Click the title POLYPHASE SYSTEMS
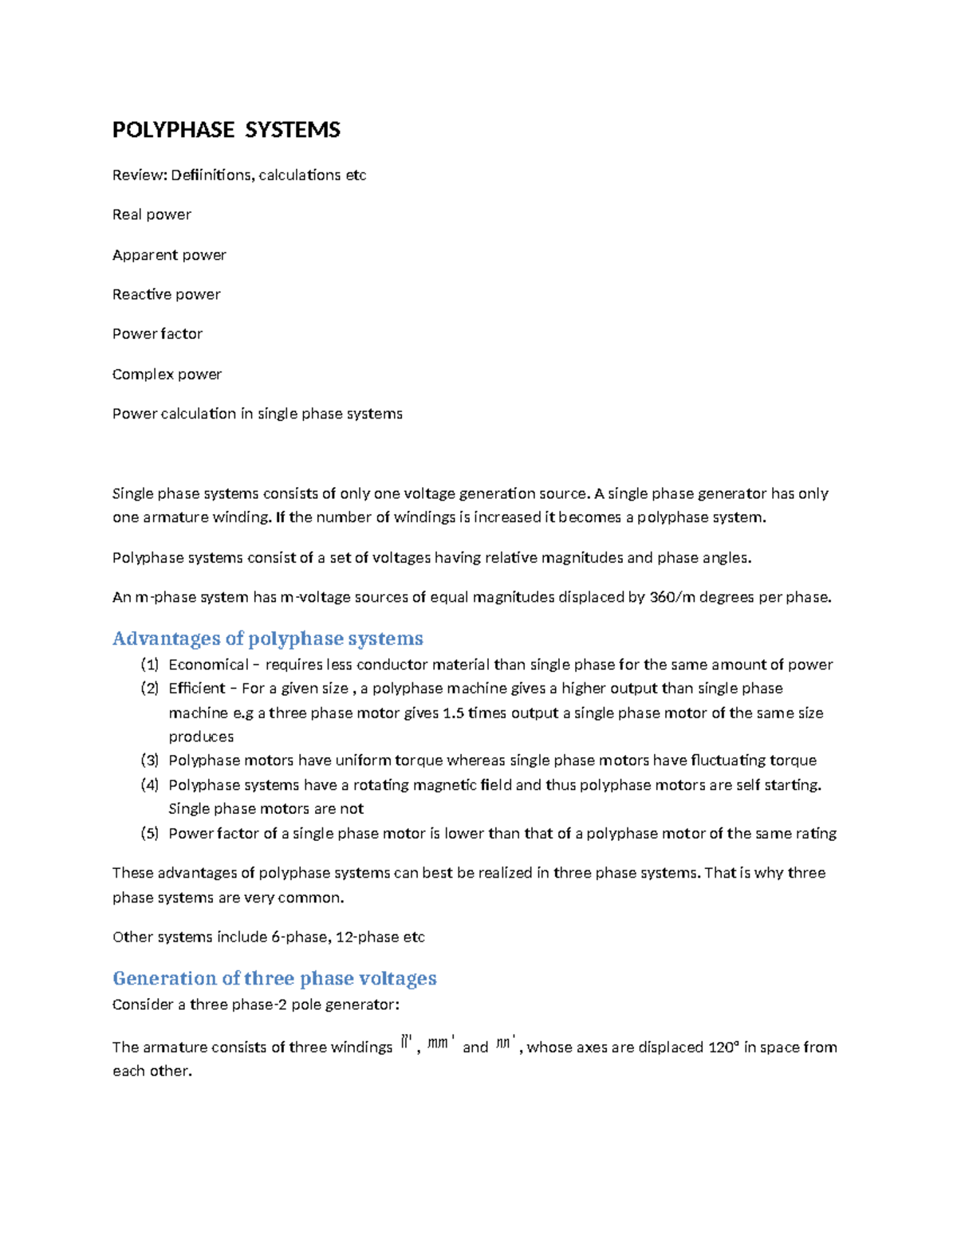point(226,130)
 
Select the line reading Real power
point(152,214)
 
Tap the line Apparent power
point(169,255)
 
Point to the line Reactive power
point(166,294)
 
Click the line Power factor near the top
point(157,334)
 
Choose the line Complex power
point(167,374)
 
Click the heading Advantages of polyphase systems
point(267,639)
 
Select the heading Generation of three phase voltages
point(274,978)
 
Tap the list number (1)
point(149,665)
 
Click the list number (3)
point(149,760)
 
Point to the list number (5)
point(149,833)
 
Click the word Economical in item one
point(208,665)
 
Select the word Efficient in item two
point(197,688)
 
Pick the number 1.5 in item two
point(453,713)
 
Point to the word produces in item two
point(201,737)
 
